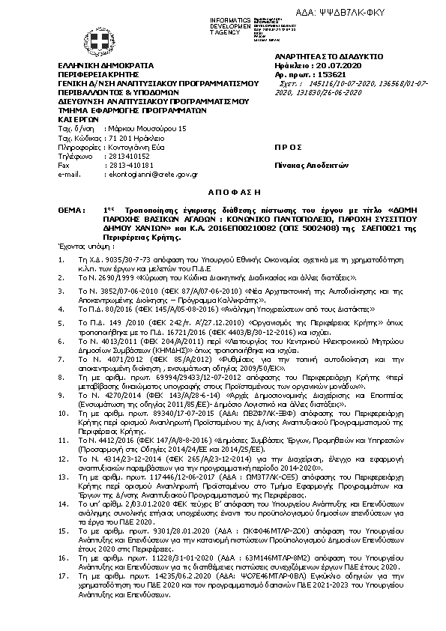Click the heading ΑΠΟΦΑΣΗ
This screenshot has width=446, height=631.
click(x=223, y=190)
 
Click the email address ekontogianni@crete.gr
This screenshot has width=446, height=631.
click(x=152, y=174)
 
